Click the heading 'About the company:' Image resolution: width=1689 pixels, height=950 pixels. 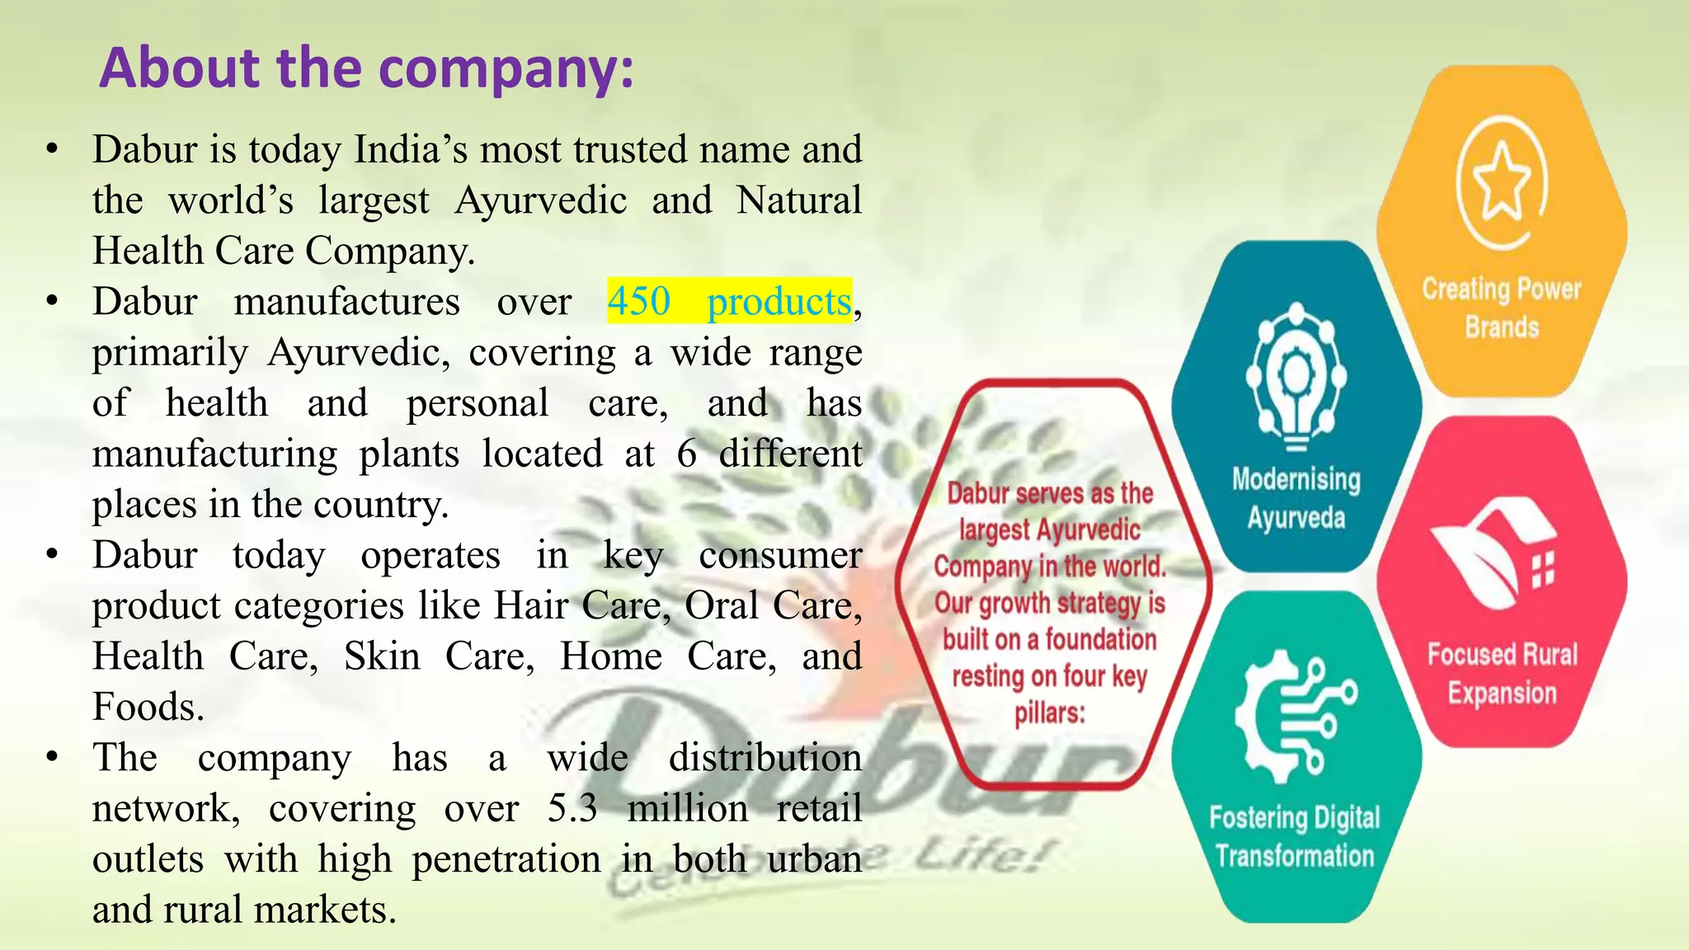(x=366, y=68)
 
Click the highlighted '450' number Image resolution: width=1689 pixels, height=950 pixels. (x=639, y=301)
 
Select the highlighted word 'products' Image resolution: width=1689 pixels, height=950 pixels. (x=779, y=302)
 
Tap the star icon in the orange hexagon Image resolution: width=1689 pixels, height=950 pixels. (x=1502, y=182)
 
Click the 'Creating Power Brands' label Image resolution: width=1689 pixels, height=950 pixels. (x=1502, y=308)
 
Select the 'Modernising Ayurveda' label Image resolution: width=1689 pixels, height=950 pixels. (x=1296, y=498)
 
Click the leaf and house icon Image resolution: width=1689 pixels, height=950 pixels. (x=1493, y=554)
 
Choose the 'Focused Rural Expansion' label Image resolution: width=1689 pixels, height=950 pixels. (x=1502, y=673)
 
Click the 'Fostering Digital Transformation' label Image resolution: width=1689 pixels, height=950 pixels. (x=1295, y=836)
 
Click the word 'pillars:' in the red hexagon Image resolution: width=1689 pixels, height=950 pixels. (x=1050, y=712)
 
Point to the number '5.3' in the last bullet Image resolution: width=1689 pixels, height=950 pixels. (x=572, y=808)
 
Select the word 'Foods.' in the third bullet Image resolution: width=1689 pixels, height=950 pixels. (x=148, y=707)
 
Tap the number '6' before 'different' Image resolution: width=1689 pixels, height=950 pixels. (x=687, y=454)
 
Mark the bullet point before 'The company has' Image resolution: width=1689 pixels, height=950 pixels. (x=52, y=757)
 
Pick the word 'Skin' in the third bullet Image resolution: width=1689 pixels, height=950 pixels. (x=382, y=656)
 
